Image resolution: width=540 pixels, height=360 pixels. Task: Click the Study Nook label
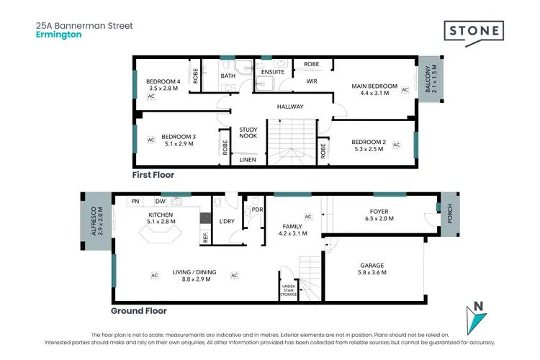[x=248, y=133]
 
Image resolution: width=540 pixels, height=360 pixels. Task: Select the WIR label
[x=312, y=82]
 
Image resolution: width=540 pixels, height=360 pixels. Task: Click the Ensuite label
[x=273, y=72]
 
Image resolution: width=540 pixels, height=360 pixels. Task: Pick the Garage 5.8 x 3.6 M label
[x=372, y=269]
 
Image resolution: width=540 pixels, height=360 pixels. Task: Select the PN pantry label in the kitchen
[x=135, y=202]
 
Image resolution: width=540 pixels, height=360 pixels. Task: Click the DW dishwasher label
[x=160, y=202]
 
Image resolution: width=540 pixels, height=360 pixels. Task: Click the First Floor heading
[x=153, y=175]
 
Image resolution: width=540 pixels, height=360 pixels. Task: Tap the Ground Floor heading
[x=139, y=311]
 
